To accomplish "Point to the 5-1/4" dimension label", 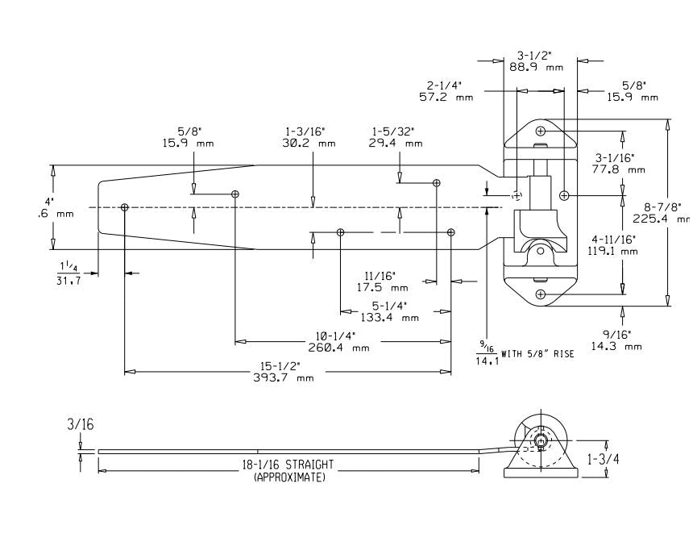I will click(389, 306).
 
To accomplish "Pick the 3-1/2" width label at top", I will click(536, 56).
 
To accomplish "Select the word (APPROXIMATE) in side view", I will click(291, 477).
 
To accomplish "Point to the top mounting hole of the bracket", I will click(541, 131).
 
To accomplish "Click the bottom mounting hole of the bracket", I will click(541, 294).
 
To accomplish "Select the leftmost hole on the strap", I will click(124, 207).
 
